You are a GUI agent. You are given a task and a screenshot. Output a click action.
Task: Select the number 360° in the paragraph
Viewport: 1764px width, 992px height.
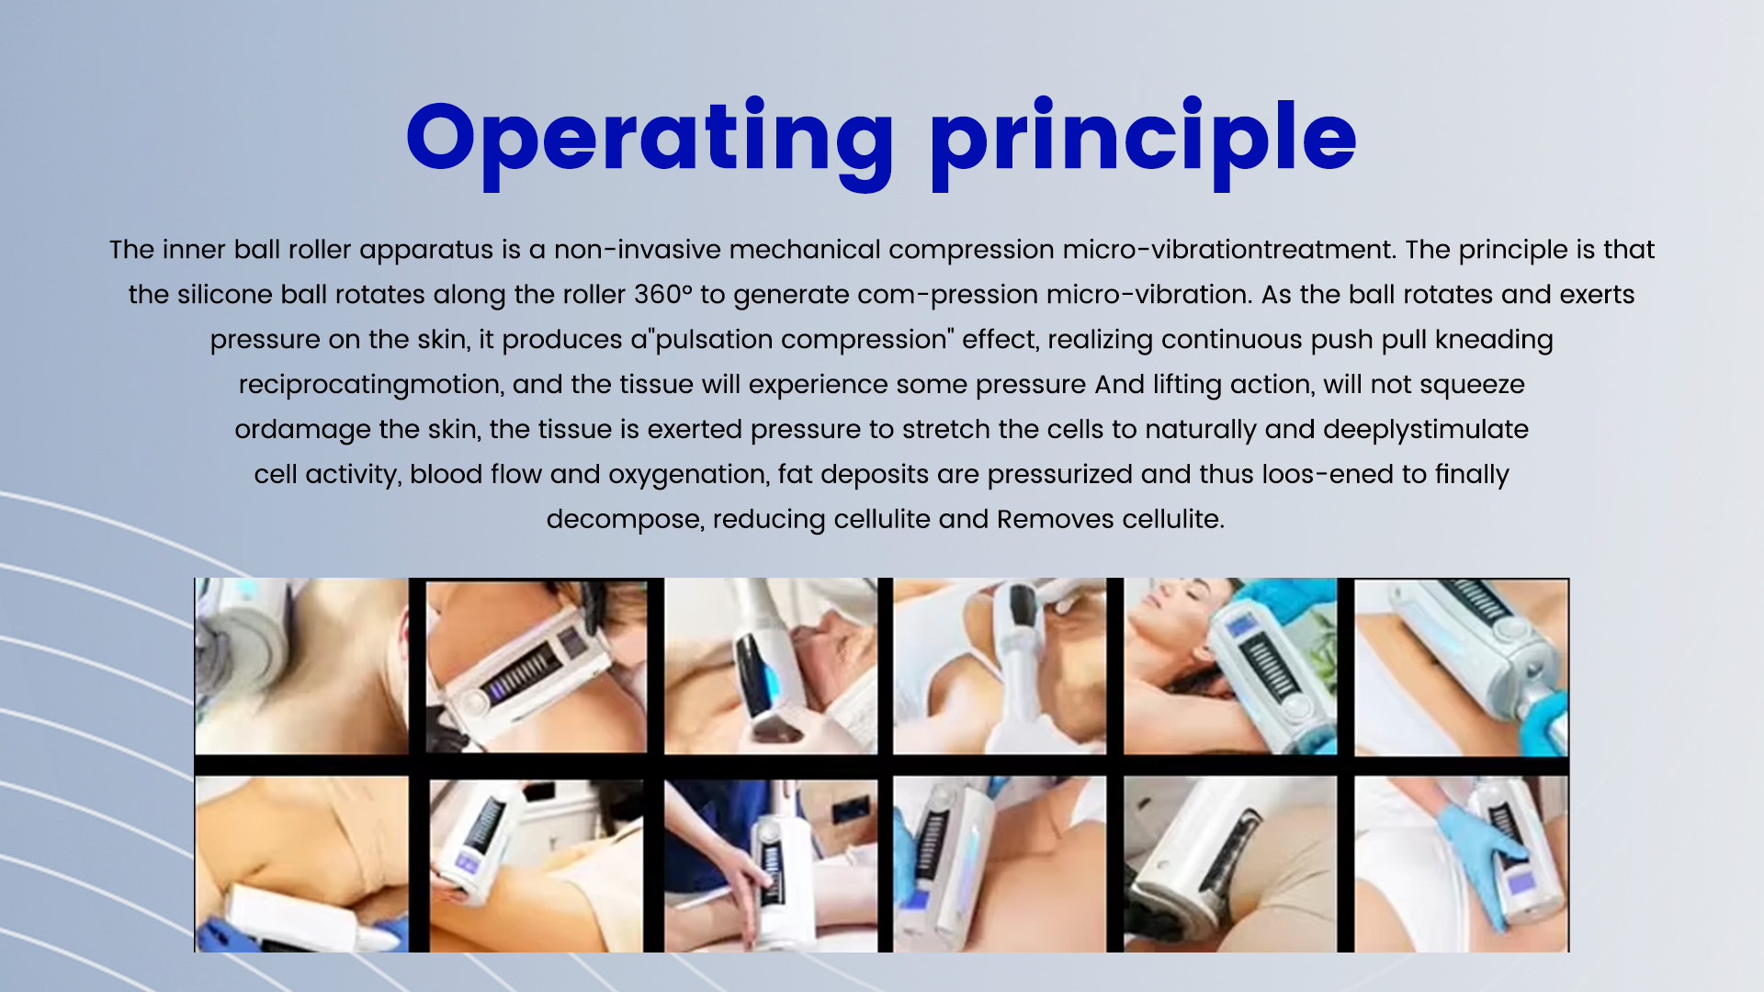(x=662, y=295)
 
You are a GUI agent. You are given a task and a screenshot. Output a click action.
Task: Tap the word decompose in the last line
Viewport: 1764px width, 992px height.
(x=626, y=521)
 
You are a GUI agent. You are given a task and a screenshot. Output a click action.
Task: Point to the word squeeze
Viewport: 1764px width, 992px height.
(x=1473, y=386)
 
